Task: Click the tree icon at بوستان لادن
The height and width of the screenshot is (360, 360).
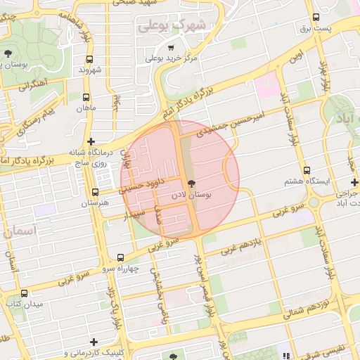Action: tap(192, 183)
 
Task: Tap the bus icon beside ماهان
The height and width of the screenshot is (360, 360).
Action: tap(86, 98)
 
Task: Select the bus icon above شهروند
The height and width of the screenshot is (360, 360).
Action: tap(89, 60)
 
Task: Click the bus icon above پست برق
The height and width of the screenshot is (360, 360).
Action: tap(316, 18)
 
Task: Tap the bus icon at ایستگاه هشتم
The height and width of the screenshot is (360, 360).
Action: tap(307, 170)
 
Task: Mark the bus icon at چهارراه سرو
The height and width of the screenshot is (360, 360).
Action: tap(120, 258)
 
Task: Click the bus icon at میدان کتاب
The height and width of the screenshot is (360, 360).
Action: tap(25, 293)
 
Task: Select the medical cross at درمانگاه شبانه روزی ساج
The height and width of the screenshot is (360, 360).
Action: tap(91, 141)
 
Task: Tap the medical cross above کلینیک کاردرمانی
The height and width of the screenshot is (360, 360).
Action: tap(94, 342)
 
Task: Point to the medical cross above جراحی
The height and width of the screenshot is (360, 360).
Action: tap(355, 182)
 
